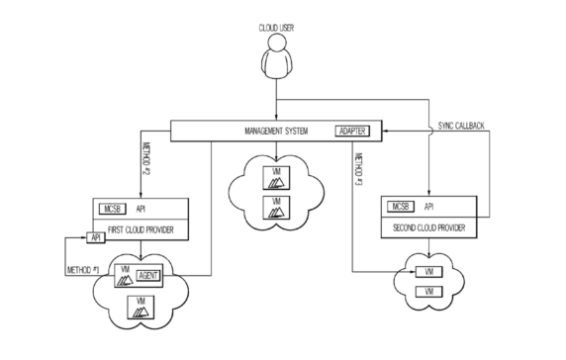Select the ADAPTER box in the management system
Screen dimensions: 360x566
[x=356, y=131]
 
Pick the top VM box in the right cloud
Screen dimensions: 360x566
[x=426, y=272]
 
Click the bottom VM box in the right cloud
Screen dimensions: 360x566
[x=426, y=294]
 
